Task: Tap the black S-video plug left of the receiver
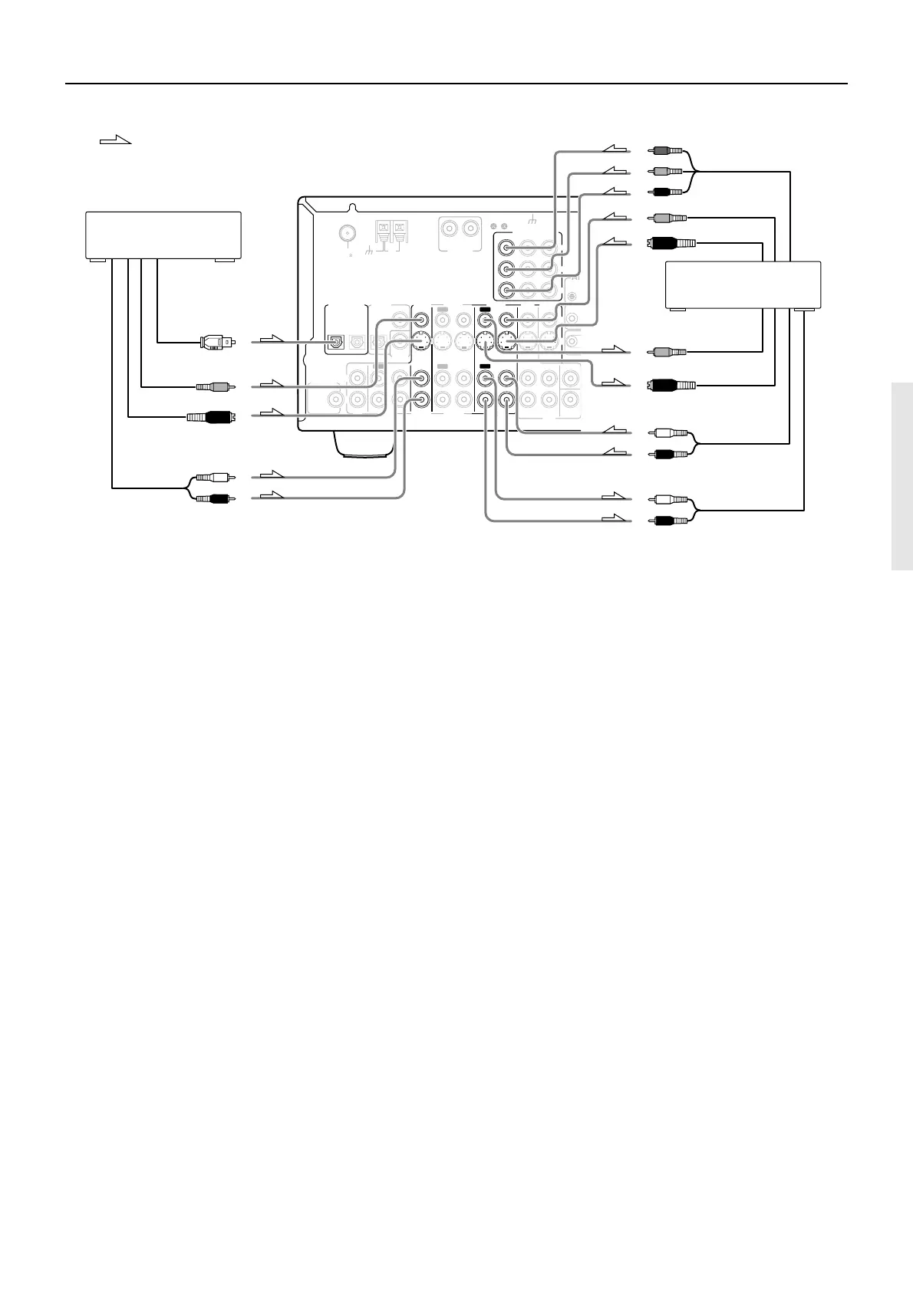tap(212, 417)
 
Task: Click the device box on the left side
tap(162, 235)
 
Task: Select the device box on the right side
tap(743, 284)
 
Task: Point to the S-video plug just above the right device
tap(671, 245)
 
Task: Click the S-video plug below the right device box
tap(671, 385)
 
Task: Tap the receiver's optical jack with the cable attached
tap(336, 343)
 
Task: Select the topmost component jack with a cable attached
tap(506, 248)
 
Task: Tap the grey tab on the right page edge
tap(902, 476)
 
